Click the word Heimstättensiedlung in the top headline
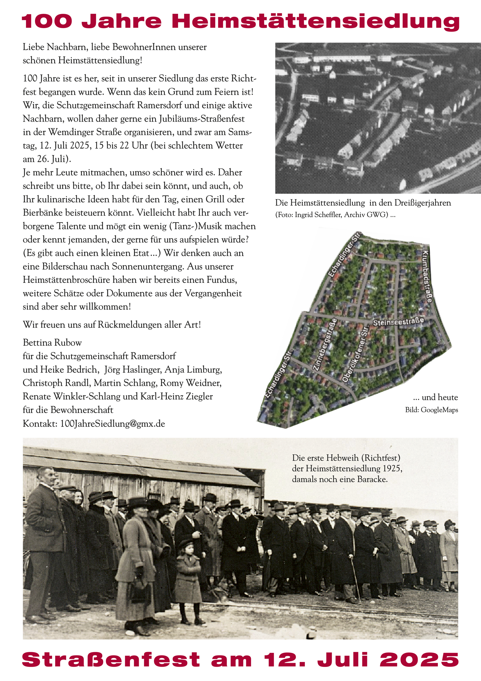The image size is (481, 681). coord(316,21)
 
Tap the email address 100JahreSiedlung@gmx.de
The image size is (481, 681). coord(113,423)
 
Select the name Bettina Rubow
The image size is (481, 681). coord(52,343)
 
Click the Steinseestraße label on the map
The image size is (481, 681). coord(398,321)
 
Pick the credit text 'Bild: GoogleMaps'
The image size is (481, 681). coord(431,410)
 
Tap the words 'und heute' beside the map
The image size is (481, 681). coord(439,397)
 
